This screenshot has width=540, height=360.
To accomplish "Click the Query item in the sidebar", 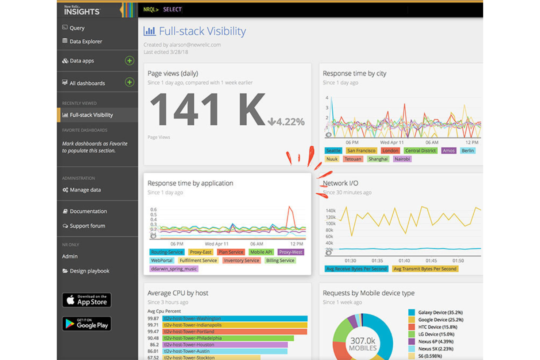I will (x=77, y=28).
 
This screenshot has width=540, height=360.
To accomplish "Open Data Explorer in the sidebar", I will (x=85, y=41).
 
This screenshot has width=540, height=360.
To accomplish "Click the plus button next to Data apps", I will (x=129, y=61).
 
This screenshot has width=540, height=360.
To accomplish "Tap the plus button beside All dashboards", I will (x=129, y=82).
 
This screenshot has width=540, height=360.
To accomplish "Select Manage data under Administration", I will (x=85, y=190).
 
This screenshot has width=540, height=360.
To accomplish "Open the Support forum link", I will (x=87, y=226).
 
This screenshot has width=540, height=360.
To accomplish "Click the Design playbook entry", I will (x=89, y=271).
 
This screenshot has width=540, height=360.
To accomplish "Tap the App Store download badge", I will (x=86, y=300).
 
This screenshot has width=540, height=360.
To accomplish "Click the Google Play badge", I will (x=86, y=324).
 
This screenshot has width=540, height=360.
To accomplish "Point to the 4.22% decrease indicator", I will (x=286, y=121).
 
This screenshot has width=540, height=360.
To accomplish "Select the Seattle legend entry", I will (x=333, y=151).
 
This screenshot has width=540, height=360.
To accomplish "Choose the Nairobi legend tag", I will (x=402, y=159).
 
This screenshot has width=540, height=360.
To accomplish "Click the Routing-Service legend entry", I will (x=166, y=252).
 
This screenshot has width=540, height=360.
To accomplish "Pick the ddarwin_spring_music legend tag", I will (x=174, y=269).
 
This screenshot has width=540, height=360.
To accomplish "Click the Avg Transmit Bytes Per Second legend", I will (x=425, y=269).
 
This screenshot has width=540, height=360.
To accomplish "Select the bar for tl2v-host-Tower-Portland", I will (x=235, y=332).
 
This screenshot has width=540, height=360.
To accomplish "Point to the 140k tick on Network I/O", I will (x=330, y=210).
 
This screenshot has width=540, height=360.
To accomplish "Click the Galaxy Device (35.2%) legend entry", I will (x=440, y=312).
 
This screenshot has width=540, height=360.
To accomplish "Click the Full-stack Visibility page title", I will (x=202, y=31).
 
